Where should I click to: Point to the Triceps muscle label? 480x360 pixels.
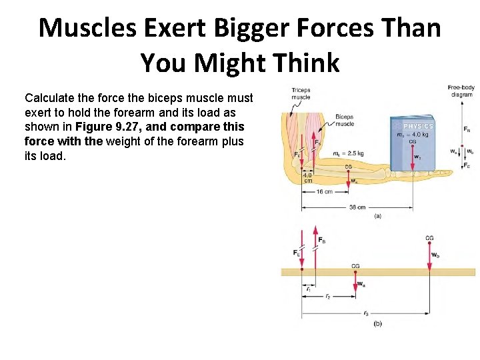(x=301, y=93)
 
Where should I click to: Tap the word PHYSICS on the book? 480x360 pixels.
(x=418, y=126)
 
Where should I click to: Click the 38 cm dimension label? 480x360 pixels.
(x=357, y=207)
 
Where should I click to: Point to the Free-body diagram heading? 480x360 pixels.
(x=460, y=91)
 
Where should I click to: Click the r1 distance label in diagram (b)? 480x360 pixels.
(x=308, y=289)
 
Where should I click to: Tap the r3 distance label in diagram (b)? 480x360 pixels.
(x=366, y=313)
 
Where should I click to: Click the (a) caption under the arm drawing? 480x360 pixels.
(x=378, y=216)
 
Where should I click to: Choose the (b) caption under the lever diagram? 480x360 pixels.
(x=377, y=323)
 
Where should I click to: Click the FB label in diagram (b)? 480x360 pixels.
(x=322, y=239)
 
